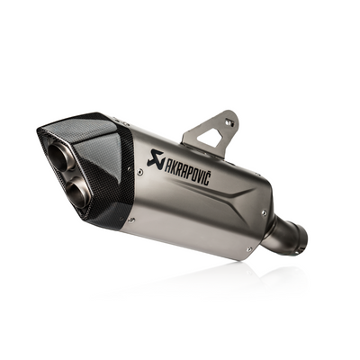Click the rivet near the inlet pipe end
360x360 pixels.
pos(263,212)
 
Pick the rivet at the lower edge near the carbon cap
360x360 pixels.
pos(133,219)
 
